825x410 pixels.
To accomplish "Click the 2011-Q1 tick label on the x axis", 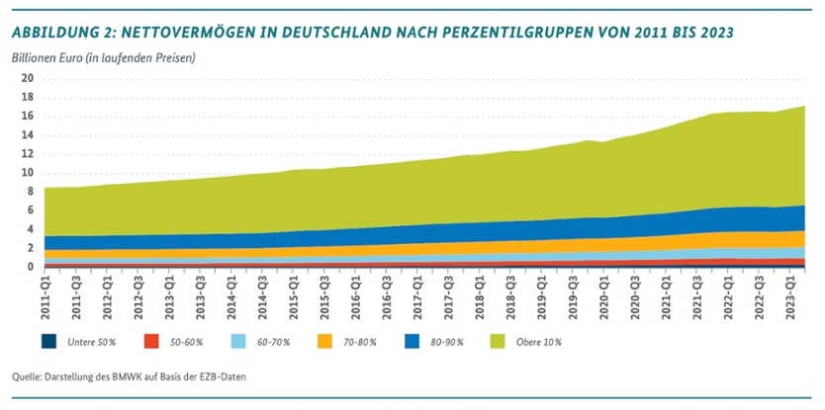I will coord(46,294).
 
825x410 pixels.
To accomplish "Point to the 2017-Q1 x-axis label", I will coord(417,294).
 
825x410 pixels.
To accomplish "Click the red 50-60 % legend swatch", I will coord(147,342).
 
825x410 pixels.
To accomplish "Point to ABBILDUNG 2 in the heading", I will coord(60,33).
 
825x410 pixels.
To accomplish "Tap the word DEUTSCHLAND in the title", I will coord(355,33).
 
